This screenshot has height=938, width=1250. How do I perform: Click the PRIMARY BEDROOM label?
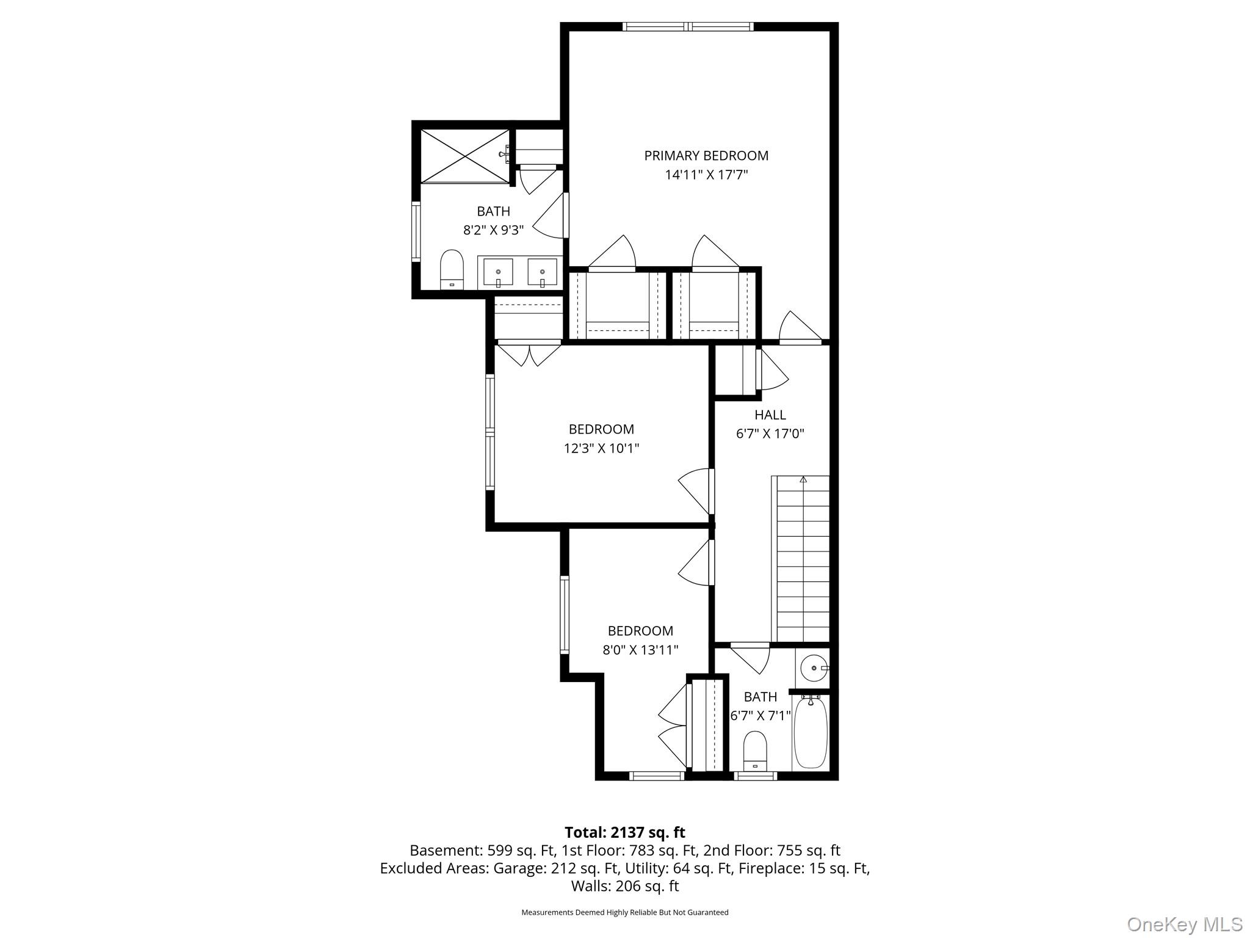pos(706,156)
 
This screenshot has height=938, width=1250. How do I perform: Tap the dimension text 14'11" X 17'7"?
pos(706,175)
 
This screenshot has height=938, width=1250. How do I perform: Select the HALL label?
pos(770,415)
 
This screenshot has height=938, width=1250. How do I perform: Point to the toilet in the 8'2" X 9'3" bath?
pos(452,269)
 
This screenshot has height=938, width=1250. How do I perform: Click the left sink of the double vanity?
pos(498,272)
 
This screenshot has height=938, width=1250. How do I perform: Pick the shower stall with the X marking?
pos(465,156)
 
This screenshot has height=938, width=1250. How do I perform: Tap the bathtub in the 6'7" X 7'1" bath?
pos(810,733)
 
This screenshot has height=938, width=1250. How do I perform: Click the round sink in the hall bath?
pos(812,668)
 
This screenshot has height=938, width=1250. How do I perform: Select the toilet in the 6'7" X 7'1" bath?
pos(755,751)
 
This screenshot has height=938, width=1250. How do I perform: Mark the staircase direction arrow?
pos(803,481)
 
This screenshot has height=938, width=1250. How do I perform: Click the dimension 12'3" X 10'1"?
pos(601,449)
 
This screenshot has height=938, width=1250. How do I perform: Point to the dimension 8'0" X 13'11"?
pos(640,650)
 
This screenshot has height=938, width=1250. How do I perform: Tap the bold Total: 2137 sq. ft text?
pos(624,832)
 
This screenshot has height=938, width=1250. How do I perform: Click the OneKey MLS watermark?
pos(1184,924)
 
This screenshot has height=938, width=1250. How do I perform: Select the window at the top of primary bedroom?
pos(688,26)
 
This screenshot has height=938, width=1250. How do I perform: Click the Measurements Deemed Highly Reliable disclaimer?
pos(624,912)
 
